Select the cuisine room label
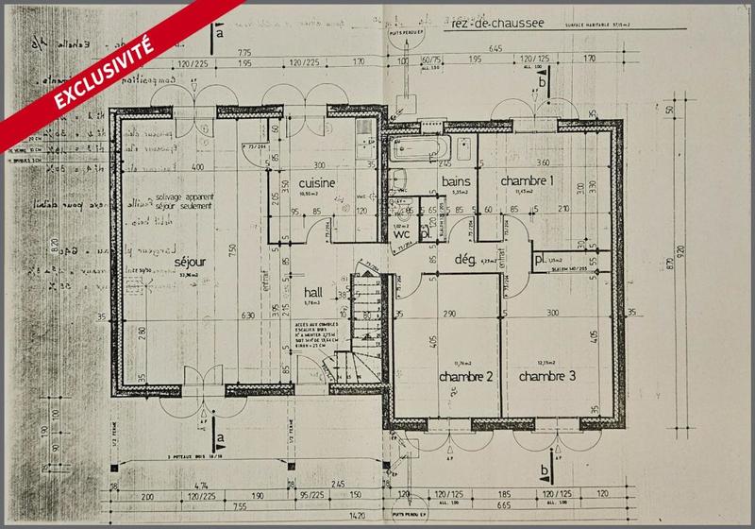(x=319, y=181)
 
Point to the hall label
(x=314, y=293)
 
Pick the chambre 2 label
(x=466, y=377)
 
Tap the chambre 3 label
(x=547, y=377)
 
